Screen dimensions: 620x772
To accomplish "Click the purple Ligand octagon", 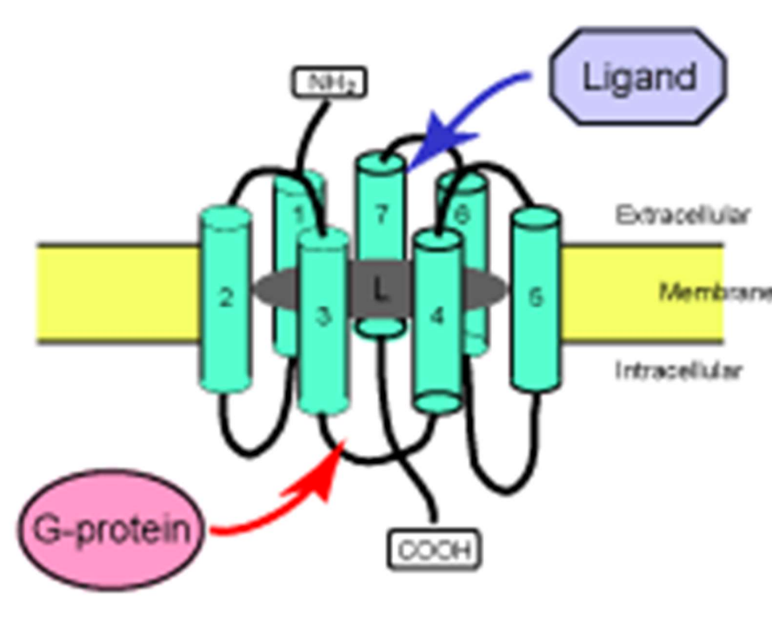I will click(639, 77).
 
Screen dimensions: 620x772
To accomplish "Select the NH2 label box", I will click(328, 82).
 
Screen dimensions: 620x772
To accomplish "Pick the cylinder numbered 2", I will click(226, 300).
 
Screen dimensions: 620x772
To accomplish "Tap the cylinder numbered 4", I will click(437, 317).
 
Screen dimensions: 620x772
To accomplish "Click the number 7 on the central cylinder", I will click(380, 214).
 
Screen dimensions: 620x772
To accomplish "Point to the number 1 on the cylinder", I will click(298, 213).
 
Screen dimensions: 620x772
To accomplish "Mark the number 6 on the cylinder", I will click(462, 213).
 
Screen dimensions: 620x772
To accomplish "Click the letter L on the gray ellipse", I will click(380, 289).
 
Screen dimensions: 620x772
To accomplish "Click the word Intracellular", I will click(679, 371).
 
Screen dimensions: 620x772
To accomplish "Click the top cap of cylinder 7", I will click(380, 162).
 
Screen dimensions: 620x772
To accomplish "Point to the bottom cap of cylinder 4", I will click(436, 402).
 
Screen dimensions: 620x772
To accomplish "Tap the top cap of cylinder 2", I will click(226, 216).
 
